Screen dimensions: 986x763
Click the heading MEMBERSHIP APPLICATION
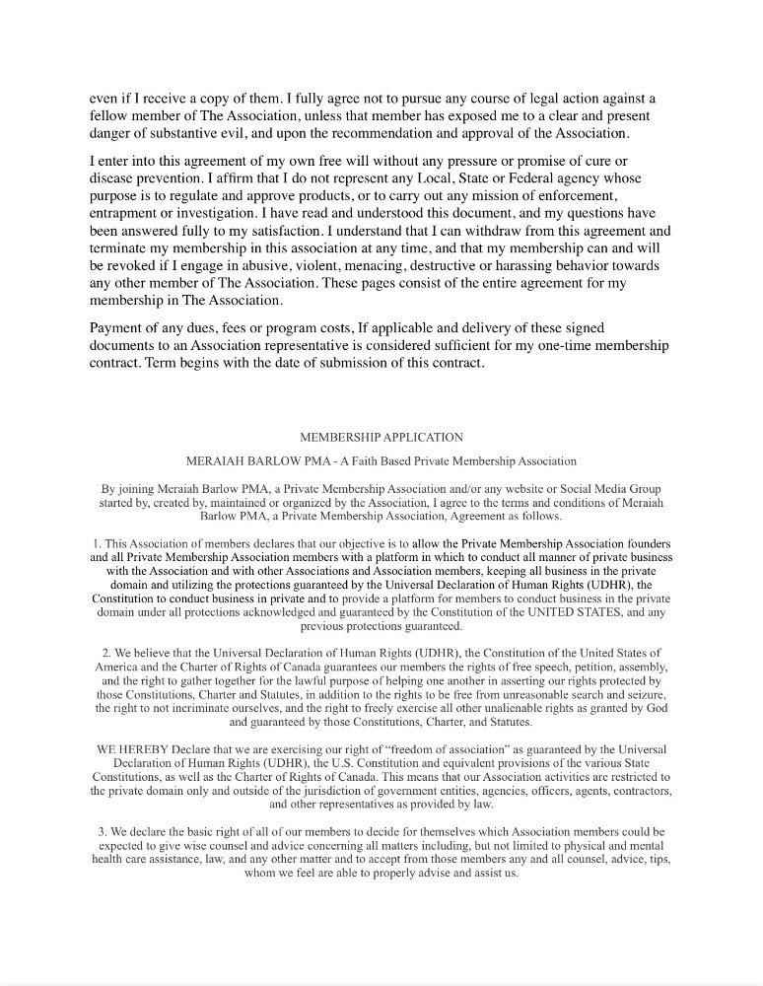pos(381,437)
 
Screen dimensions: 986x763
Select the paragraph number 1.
pos(96,543)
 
